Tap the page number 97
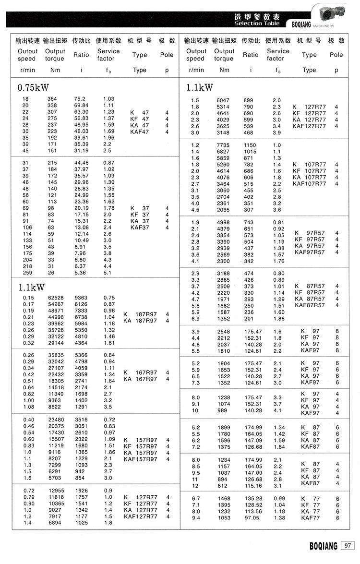pos(348,545)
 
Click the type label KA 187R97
pos(140,321)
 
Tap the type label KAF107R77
pos(309,183)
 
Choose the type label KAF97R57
pos(309,252)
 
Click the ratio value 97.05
pos(253,518)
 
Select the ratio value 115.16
pos(253,485)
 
